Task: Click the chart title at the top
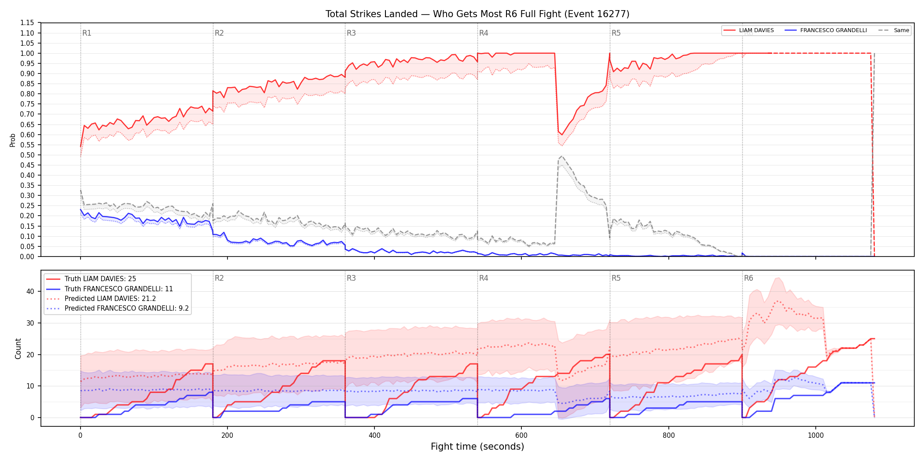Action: click(x=477, y=14)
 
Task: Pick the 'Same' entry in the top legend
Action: click(x=894, y=30)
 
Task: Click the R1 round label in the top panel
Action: click(x=87, y=33)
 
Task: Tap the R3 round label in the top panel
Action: click(x=351, y=33)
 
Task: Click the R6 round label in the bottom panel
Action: click(x=748, y=278)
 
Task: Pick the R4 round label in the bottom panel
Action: click(x=484, y=278)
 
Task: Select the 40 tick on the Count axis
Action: click(x=30, y=291)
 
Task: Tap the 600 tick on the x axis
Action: click(x=521, y=436)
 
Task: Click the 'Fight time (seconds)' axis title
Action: click(x=477, y=447)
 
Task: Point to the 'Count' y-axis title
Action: click(x=18, y=348)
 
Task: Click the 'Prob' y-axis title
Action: click(x=13, y=140)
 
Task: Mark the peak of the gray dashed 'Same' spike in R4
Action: click(x=561, y=156)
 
